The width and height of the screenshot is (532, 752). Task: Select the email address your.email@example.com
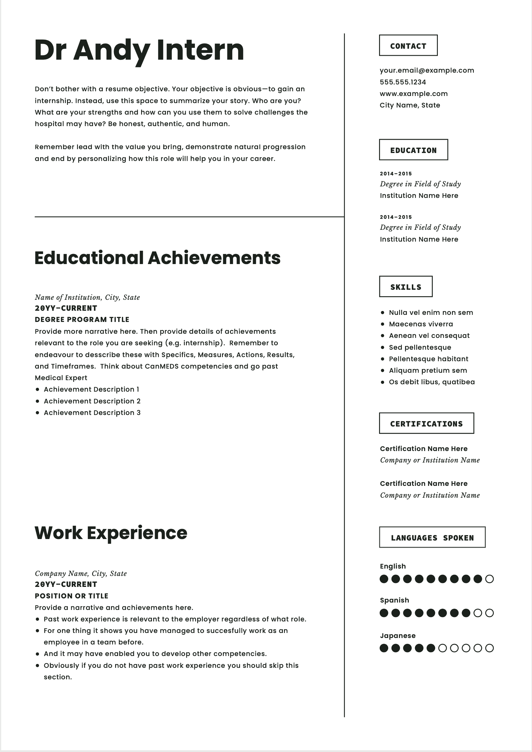point(427,71)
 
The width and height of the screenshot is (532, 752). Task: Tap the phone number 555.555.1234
point(403,82)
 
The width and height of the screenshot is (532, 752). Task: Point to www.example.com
point(413,94)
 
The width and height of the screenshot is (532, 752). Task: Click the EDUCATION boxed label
point(413,150)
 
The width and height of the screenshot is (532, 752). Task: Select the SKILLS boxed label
point(406,287)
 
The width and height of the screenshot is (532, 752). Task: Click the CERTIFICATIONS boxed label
point(426,423)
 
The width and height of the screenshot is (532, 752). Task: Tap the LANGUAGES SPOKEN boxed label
point(432,537)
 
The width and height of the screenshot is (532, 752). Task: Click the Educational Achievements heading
point(157,258)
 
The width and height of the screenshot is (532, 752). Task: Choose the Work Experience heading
point(111,533)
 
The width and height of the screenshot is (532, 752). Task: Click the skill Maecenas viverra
point(421,324)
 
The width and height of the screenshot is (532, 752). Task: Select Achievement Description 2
point(92,401)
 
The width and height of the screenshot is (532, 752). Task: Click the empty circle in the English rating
point(489,579)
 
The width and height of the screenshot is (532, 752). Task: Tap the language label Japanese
point(397,636)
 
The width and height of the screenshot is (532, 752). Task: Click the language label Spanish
point(394,600)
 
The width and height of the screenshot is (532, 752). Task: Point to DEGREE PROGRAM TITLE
point(82,320)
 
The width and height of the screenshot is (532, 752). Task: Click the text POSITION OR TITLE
point(71,596)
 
